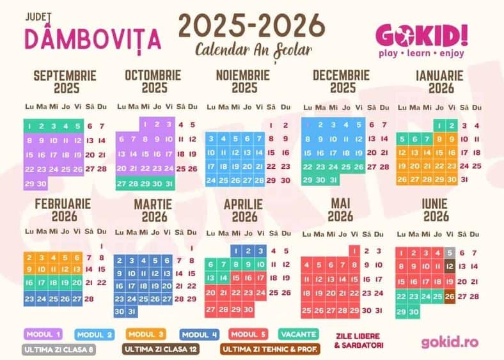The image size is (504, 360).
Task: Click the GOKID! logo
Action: pos(421,35)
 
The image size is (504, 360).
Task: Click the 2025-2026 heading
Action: pos(251,26)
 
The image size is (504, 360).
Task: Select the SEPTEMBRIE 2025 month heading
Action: pos(65,81)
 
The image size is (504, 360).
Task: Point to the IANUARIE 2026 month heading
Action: pos(439,81)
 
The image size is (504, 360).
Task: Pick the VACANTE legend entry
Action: pos(299,334)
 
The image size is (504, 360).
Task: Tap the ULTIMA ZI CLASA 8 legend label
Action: pos(59,350)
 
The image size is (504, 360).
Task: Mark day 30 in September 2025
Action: pos(42,184)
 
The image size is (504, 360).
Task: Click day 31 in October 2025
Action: pos(168,184)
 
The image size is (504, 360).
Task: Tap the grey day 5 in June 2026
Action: pos(450,253)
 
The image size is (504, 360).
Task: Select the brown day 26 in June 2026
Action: pos(450,296)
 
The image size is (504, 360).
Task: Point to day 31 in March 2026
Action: pos(132,311)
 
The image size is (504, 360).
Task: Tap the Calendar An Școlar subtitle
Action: pos(253,50)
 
